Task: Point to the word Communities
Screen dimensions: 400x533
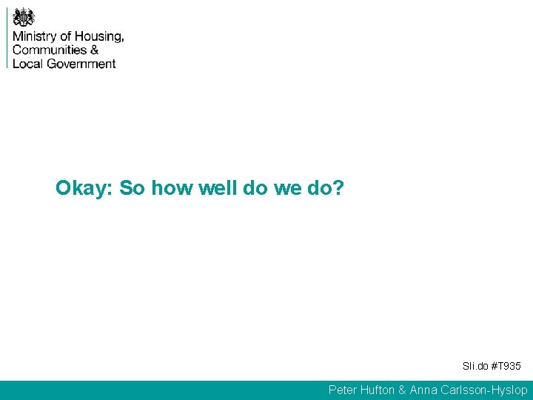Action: tap(50, 50)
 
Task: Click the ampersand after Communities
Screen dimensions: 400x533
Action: tap(94, 50)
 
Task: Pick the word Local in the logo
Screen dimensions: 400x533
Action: tap(27, 63)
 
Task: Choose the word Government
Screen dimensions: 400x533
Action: tap(81, 63)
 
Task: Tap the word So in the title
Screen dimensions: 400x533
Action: tap(132, 188)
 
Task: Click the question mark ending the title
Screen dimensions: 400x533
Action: tap(339, 188)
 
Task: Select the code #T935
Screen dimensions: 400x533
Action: tap(507, 367)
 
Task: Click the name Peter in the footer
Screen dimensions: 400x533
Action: tap(343, 390)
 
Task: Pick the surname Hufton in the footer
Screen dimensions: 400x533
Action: tap(378, 390)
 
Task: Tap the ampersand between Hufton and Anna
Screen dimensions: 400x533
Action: tap(403, 390)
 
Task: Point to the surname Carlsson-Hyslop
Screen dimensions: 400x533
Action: tap(486, 390)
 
